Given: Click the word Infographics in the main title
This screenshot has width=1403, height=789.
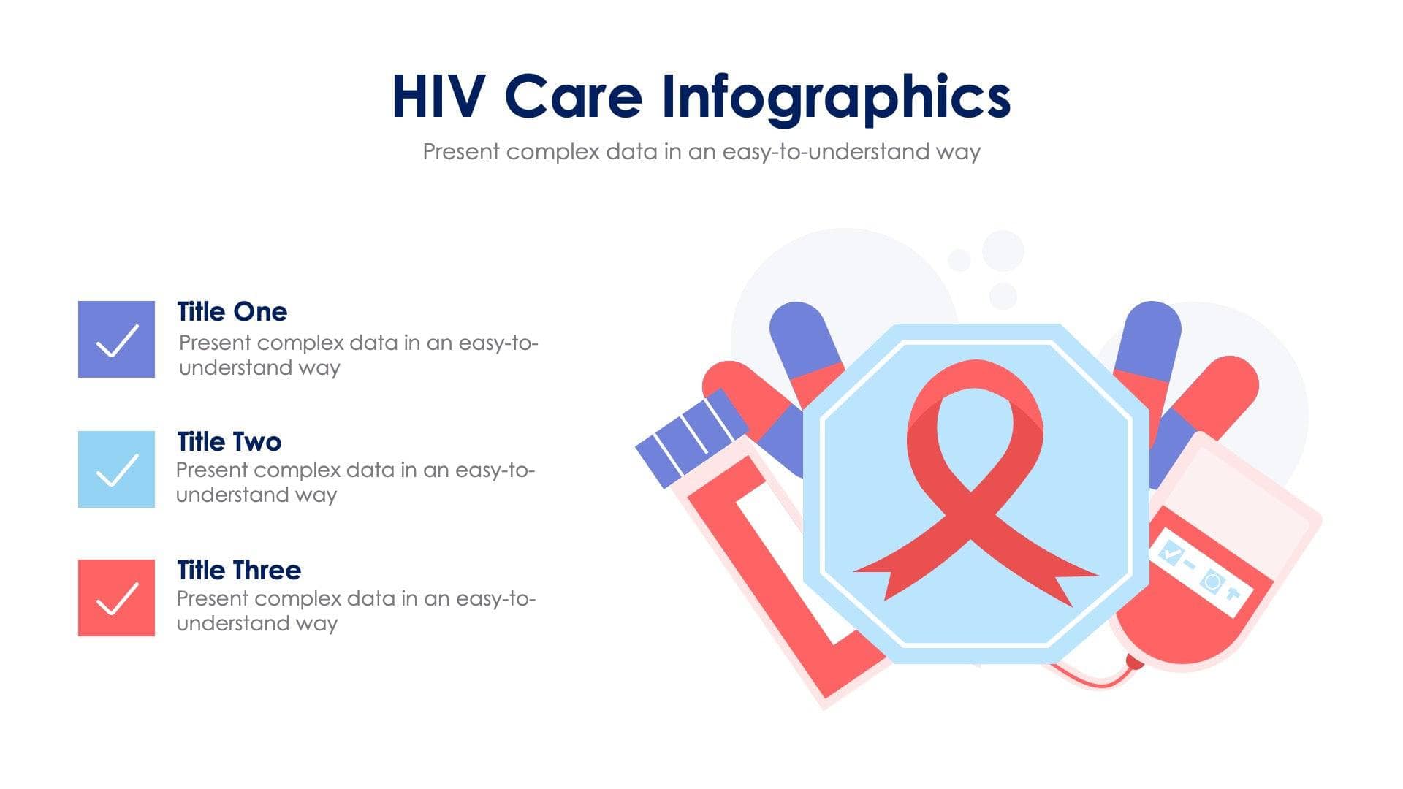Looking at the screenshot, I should tap(836, 96).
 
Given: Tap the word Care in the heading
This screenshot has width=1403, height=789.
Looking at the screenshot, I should tap(573, 96).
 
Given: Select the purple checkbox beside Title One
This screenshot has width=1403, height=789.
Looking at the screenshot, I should tap(116, 339).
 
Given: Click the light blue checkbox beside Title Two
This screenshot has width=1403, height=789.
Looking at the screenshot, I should tap(116, 469).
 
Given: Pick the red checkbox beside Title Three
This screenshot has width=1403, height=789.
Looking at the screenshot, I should tap(116, 598).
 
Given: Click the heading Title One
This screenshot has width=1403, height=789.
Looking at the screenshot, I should tap(232, 312).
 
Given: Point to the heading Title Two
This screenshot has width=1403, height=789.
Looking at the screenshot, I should tap(229, 442).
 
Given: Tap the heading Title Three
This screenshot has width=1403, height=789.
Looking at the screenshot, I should tap(239, 571).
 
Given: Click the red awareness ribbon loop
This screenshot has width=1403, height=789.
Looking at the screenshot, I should tap(975, 409).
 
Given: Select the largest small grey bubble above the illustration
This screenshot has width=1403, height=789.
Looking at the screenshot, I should tap(1003, 251).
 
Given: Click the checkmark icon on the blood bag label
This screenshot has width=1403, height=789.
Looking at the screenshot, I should tap(1170, 553).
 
